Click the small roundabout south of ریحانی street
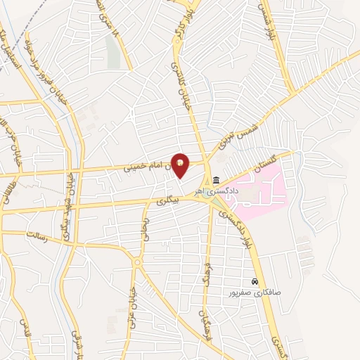(x=138, y=262)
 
